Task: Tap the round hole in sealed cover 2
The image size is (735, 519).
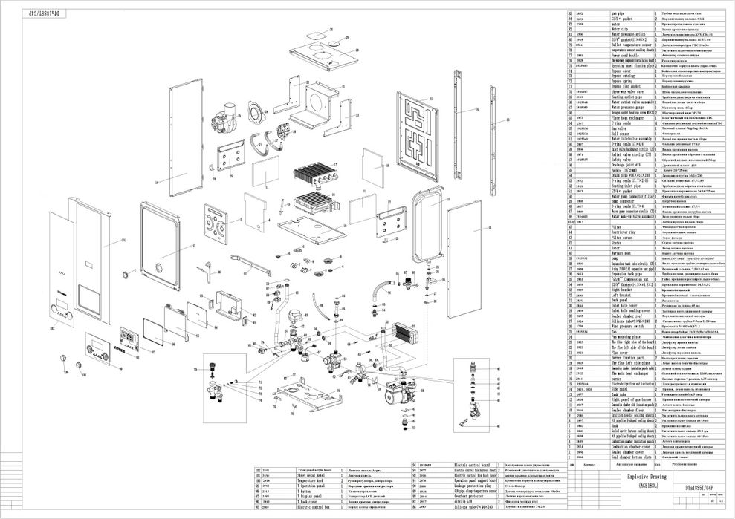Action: pyautogui.click(x=158, y=270)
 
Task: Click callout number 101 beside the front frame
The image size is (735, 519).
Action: pyautogui.click(x=123, y=241)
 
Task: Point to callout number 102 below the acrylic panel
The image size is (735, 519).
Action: pyautogui.click(x=53, y=327)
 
